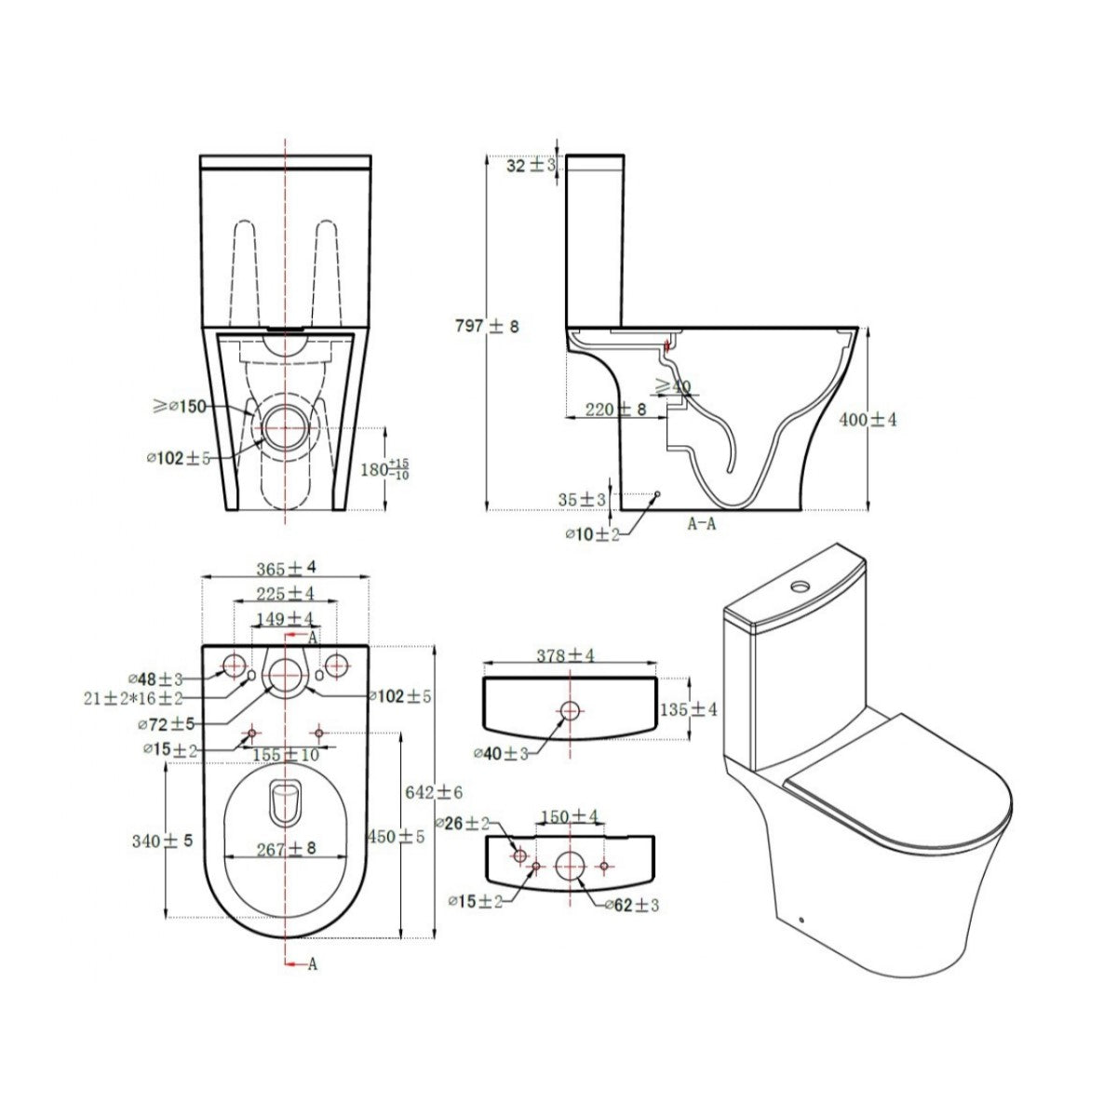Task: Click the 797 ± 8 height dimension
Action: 488,327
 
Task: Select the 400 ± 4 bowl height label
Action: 868,419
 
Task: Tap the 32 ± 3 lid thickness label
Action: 531,166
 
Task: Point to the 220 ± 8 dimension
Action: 615,410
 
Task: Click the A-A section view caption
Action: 702,524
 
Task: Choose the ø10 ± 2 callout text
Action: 592,534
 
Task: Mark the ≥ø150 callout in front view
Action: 180,407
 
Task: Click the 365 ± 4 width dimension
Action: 287,568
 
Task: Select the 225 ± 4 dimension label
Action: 287,593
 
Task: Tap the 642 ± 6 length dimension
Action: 434,792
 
